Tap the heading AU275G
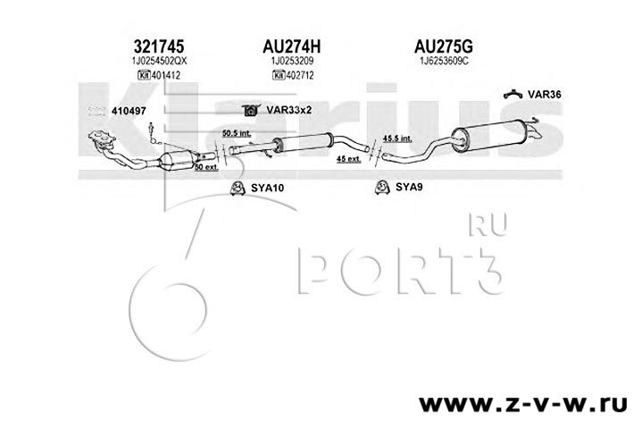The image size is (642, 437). pyautogui.click(x=443, y=44)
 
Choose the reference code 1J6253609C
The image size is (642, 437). pyautogui.click(x=443, y=60)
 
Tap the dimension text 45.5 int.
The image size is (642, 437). pyautogui.click(x=396, y=139)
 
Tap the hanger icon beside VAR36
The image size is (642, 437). pyautogui.click(x=513, y=92)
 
